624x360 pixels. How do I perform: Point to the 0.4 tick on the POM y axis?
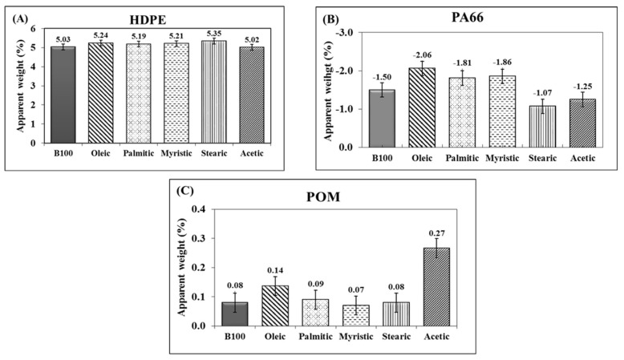[x=197, y=210]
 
